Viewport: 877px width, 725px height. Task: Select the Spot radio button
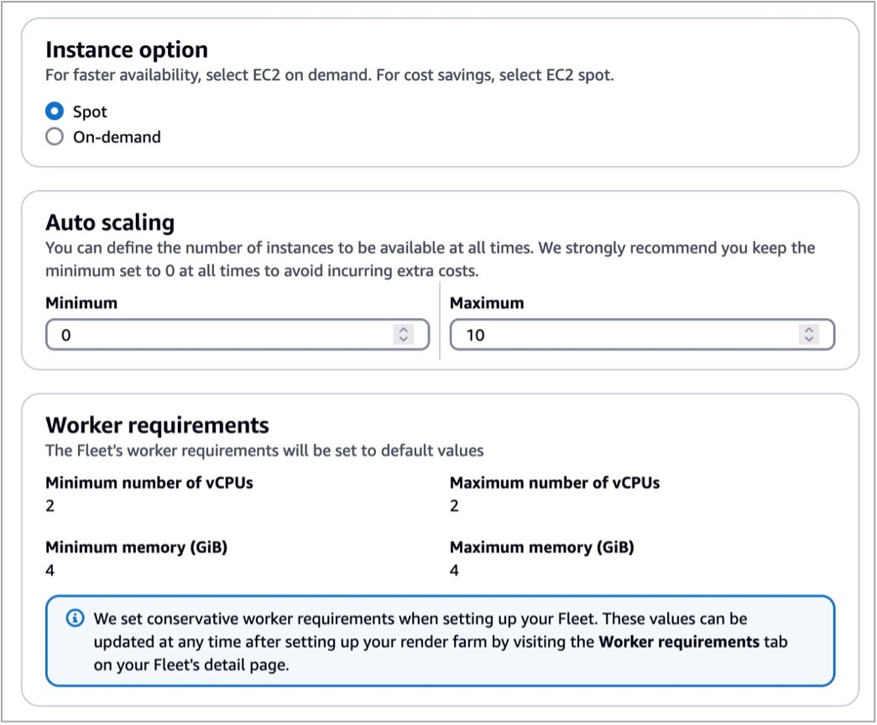click(55, 112)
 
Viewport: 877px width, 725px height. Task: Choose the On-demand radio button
click(55, 137)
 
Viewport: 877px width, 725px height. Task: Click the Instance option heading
click(127, 50)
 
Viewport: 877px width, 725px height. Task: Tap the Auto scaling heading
click(110, 222)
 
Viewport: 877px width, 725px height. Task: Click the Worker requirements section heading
click(157, 425)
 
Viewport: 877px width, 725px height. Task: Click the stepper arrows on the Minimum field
click(404, 335)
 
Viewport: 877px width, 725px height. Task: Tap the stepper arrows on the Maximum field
click(809, 335)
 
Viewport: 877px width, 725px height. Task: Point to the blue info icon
click(75, 618)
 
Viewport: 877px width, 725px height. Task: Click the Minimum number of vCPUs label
click(149, 482)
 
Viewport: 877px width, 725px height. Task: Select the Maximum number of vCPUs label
click(555, 482)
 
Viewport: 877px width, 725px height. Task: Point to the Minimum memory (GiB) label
click(137, 547)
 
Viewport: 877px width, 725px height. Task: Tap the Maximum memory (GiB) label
click(542, 547)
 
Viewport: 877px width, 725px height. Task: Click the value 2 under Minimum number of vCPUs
click(50, 506)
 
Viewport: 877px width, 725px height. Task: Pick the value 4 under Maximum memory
click(454, 571)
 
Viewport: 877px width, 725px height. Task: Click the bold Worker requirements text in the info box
click(679, 642)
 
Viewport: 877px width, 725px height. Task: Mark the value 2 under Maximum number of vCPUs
click(454, 506)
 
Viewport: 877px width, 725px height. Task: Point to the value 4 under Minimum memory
click(50, 571)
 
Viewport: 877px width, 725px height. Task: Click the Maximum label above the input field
click(487, 303)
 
